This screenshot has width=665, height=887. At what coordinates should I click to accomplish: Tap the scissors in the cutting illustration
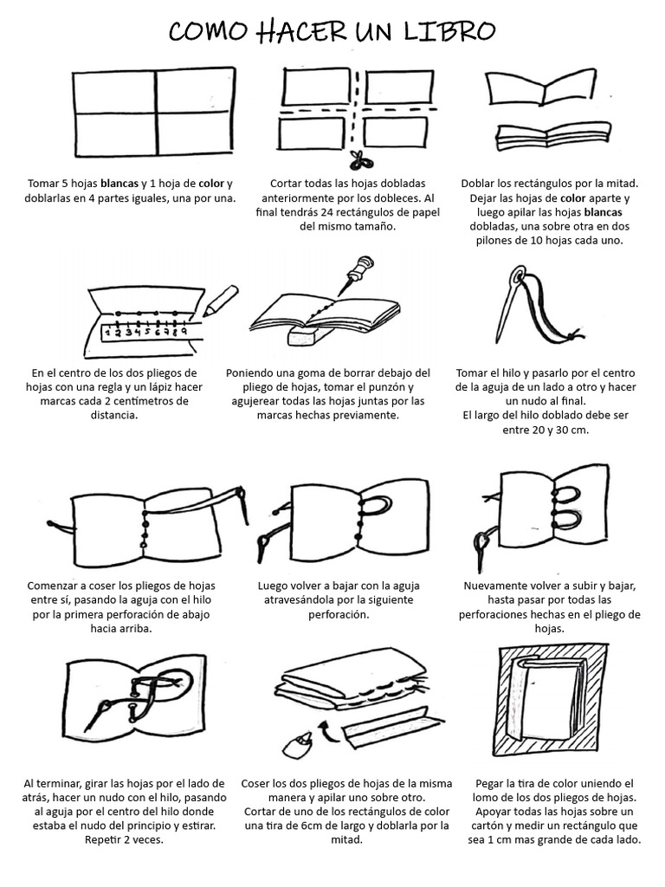(x=355, y=159)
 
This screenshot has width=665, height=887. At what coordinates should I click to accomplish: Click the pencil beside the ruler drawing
(x=220, y=299)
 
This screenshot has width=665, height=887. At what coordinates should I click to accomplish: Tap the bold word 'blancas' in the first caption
(x=120, y=184)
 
